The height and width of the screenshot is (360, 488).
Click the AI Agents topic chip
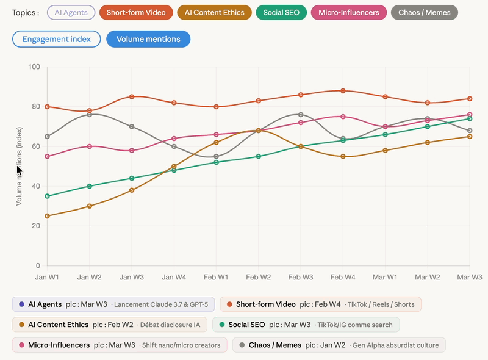[x=71, y=12]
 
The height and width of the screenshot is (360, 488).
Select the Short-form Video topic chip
[x=135, y=12]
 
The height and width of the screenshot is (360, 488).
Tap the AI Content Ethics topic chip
[x=214, y=12]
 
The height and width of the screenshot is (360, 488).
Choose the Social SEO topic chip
[x=281, y=12]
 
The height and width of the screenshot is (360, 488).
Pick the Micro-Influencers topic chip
[x=348, y=12]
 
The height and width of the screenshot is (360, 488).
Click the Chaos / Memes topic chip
[x=424, y=12]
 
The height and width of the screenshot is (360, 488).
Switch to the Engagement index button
[x=56, y=39]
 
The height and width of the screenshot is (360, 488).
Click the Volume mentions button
[x=148, y=39]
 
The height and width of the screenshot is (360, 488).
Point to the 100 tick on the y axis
[x=34, y=67]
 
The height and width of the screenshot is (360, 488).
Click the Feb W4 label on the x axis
[x=343, y=277]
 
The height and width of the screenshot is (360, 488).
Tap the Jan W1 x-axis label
[x=48, y=277]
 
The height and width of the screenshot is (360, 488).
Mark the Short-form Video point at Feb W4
[x=343, y=91]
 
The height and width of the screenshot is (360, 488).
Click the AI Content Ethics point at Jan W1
[x=48, y=216]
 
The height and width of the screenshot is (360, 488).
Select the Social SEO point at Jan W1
[x=48, y=196]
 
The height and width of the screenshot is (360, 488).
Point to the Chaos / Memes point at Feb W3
[x=301, y=115]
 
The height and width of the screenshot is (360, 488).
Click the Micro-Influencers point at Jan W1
[x=48, y=156]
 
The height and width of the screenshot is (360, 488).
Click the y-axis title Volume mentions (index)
[x=19, y=166]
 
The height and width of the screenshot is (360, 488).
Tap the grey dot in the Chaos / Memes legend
[x=242, y=345]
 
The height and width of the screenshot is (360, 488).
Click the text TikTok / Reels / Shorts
[x=384, y=304]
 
